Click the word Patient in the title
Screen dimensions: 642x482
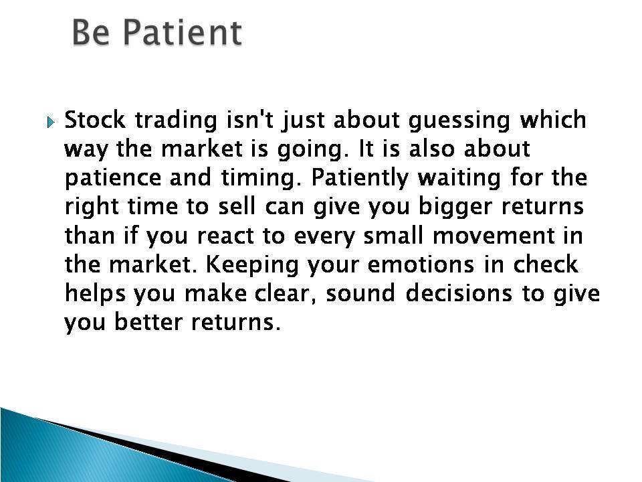(182, 32)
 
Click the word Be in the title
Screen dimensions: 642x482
(90, 32)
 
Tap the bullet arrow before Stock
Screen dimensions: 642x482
(50, 122)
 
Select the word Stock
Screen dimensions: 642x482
(95, 120)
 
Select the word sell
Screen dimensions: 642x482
(237, 206)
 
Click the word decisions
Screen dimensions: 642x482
(459, 293)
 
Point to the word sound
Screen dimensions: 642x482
(360, 293)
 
